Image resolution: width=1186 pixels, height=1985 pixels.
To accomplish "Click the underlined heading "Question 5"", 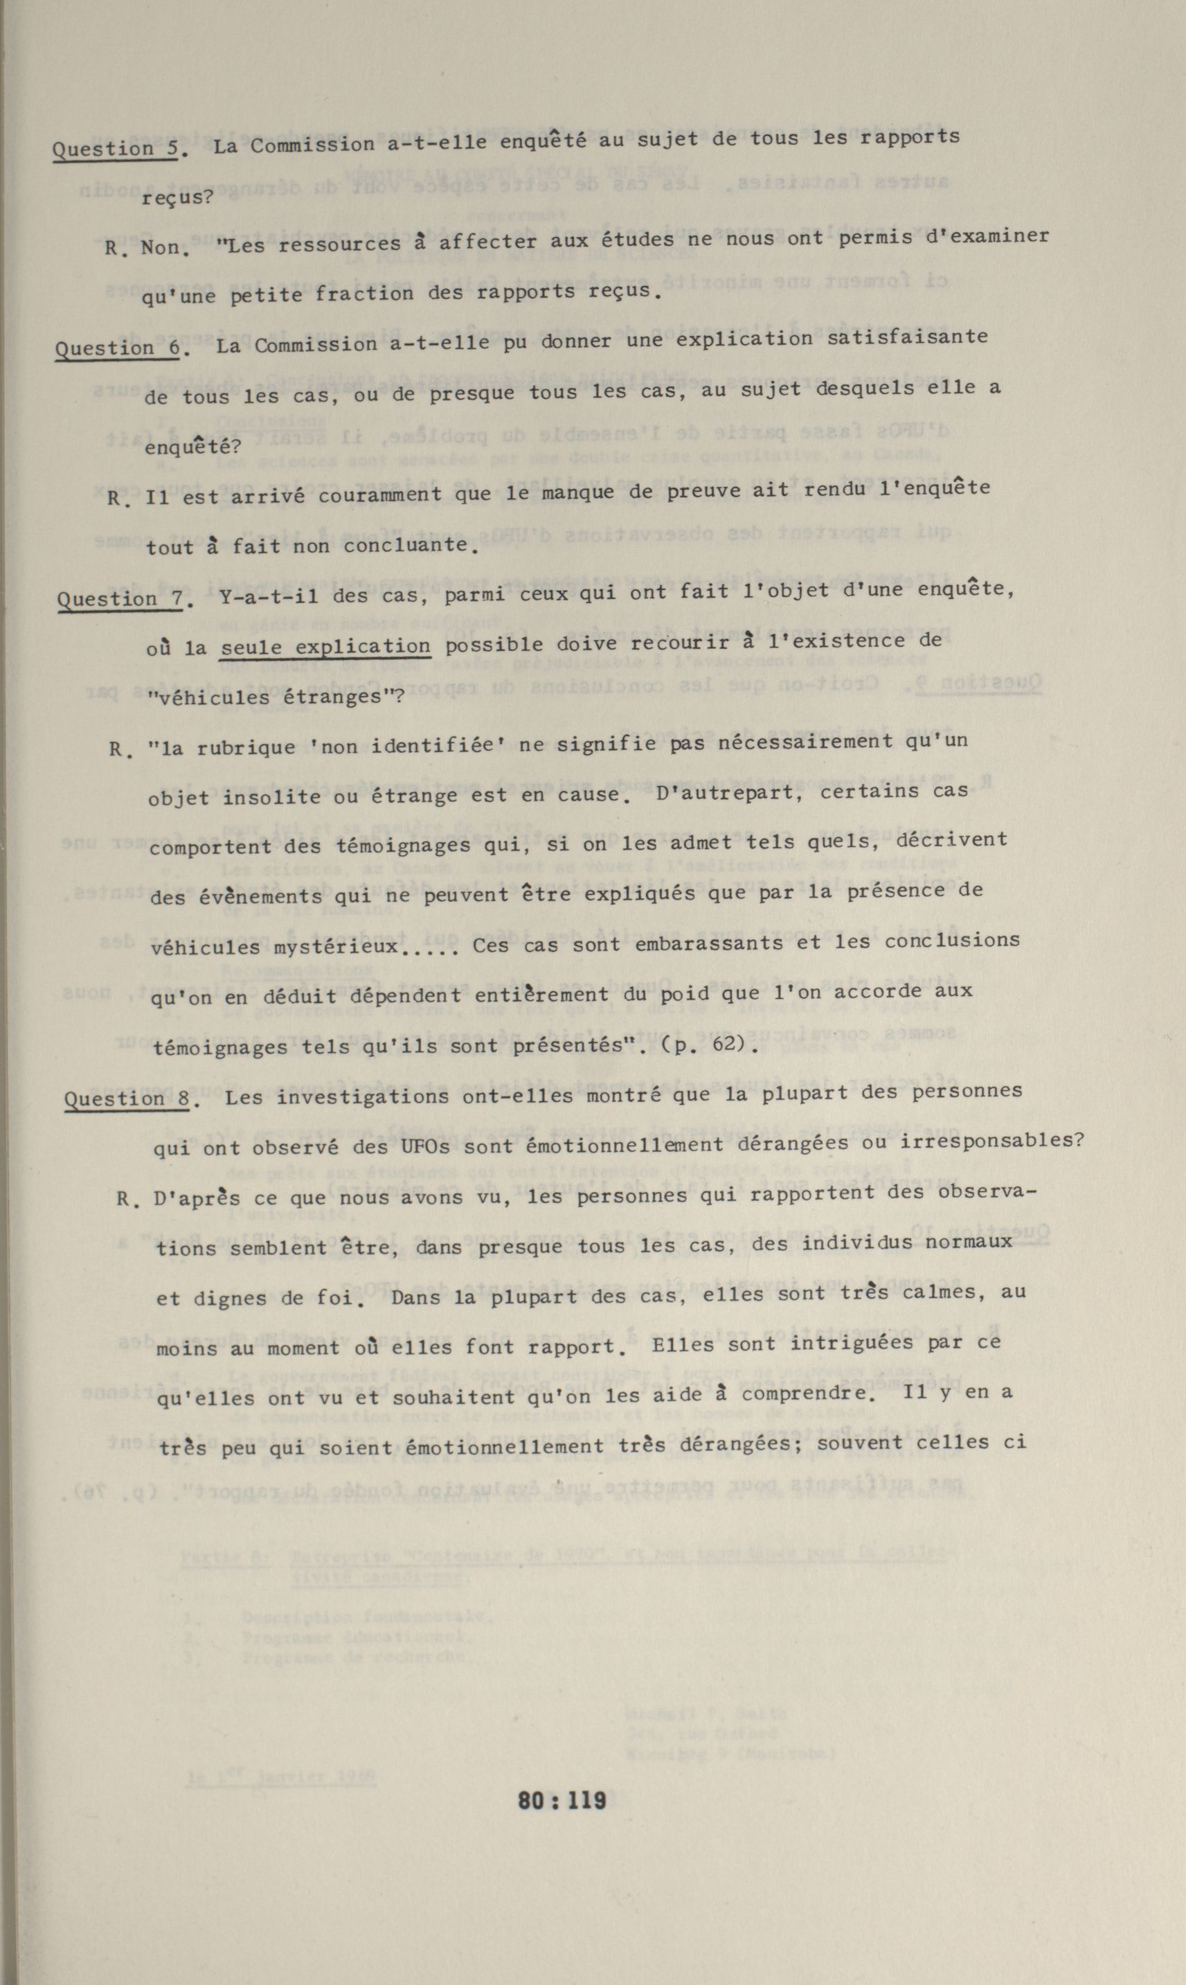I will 115,148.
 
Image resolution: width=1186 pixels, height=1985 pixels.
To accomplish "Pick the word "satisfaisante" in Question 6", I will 907,338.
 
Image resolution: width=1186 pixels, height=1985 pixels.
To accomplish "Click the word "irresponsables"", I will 991,1141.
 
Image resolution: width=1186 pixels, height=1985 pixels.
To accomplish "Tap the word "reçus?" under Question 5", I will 177,197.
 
